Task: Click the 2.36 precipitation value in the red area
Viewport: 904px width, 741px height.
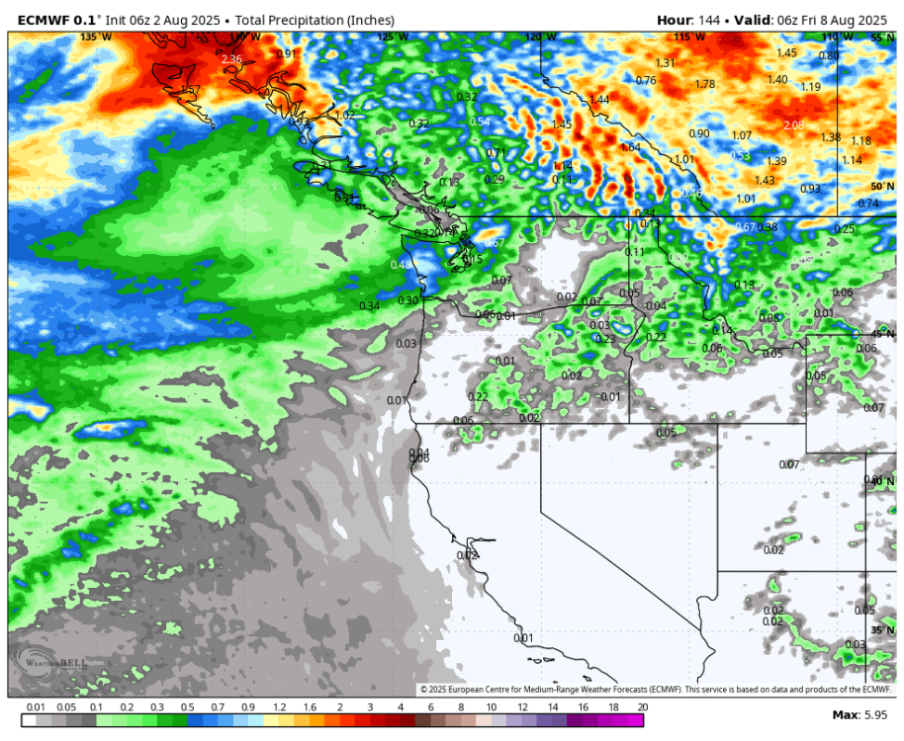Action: [231, 59]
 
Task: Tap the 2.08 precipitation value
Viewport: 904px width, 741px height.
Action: [793, 125]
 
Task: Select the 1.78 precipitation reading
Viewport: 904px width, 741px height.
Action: [704, 84]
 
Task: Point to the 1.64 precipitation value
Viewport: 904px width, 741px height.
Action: [630, 147]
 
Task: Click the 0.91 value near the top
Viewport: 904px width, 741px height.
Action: [286, 53]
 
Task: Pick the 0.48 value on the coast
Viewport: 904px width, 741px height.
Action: [400, 265]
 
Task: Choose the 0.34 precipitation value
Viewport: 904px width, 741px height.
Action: [368, 306]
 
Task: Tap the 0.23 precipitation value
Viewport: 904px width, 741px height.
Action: [605, 339]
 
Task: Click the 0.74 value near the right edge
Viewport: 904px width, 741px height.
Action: [867, 204]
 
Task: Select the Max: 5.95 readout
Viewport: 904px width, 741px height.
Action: [860, 714]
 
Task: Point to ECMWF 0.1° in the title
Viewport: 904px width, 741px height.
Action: [51, 20]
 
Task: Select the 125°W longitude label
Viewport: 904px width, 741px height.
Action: [392, 37]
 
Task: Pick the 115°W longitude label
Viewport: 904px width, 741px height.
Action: [689, 37]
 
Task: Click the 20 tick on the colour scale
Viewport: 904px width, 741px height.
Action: [643, 707]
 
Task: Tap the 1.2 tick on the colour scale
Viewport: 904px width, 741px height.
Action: [280, 707]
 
